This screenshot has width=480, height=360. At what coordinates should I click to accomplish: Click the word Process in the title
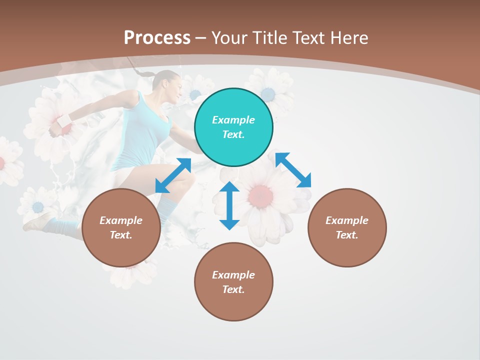coord(157,37)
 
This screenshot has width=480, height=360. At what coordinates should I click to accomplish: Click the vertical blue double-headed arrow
coord(229,205)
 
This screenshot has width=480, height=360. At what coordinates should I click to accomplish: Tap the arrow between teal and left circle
coord(173,175)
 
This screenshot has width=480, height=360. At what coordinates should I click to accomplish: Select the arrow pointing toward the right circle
coord(293,170)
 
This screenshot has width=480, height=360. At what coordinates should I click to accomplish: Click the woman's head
coord(168,83)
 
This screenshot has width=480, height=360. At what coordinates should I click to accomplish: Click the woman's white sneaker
coord(39,220)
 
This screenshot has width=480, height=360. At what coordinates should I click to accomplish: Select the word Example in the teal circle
coord(233,120)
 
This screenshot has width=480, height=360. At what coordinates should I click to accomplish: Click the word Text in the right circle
coord(346,235)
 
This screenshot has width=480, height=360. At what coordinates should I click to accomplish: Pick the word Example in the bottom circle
coord(233,275)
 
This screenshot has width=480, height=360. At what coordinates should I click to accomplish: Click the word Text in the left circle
coord(120,235)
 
